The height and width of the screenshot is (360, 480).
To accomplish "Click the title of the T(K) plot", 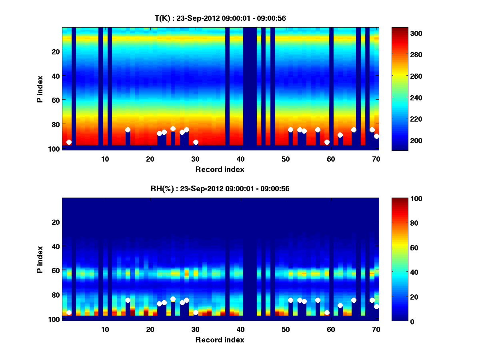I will click(x=220, y=18).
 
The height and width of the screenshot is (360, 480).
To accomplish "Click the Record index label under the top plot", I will click(x=220, y=169).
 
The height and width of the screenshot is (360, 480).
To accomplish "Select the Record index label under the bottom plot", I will click(x=220, y=340).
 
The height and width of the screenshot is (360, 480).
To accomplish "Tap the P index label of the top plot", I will click(x=40, y=89).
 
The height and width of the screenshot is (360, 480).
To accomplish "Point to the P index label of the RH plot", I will click(x=40, y=259).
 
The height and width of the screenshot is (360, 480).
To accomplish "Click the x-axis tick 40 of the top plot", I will click(x=240, y=158).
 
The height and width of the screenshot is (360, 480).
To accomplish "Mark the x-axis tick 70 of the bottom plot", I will click(x=376, y=329).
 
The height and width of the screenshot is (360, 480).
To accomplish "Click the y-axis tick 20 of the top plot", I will click(x=55, y=52).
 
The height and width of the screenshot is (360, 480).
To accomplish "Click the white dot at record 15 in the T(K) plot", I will click(x=128, y=130).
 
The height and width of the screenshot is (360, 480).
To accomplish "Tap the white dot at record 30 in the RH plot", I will click(x=196, y=312).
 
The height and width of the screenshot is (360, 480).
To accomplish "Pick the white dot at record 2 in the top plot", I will click(x=69, y=142).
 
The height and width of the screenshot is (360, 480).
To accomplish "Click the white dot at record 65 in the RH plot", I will click(x=354, y=300).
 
